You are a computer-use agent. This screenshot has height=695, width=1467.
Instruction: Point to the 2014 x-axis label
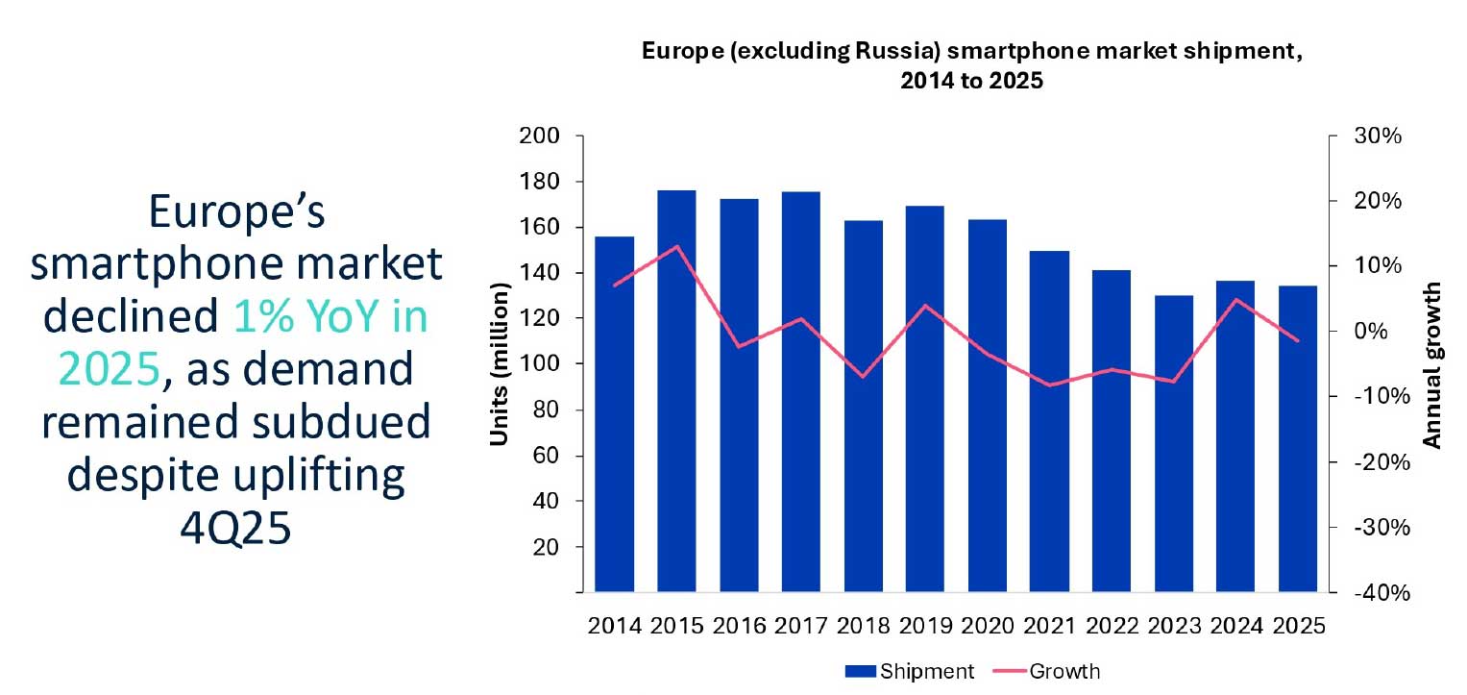[x=615, y=626]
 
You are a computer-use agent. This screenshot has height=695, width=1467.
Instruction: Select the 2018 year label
[x=863, y=626]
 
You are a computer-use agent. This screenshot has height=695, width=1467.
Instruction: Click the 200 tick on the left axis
[x=539, y=137]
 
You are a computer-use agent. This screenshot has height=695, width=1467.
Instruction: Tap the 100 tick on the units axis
[x=539, y=364]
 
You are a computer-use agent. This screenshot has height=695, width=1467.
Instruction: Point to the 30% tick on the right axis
[x=1379, y=137]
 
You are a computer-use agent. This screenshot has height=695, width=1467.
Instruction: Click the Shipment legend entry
[x=909, y=671]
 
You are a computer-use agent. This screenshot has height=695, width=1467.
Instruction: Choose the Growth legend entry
[x=1064, y=671]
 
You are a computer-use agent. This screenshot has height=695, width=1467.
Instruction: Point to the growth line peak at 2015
[x=676, y=247]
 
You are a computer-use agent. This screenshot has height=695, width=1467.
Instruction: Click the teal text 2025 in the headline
[x=106, y=367]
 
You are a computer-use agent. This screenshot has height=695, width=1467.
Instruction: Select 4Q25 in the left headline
[x=235, y=528]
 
